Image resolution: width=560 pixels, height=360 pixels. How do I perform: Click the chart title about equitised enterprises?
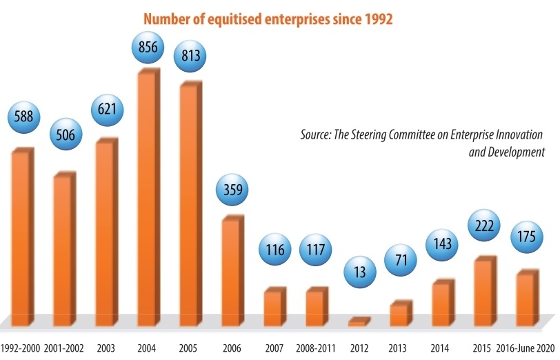[268, 19]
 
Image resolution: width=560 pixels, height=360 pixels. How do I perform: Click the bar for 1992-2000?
[21, 234]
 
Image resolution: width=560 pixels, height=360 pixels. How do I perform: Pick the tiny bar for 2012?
[359, 321]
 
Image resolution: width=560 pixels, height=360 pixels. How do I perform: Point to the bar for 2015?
[484, 290]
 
